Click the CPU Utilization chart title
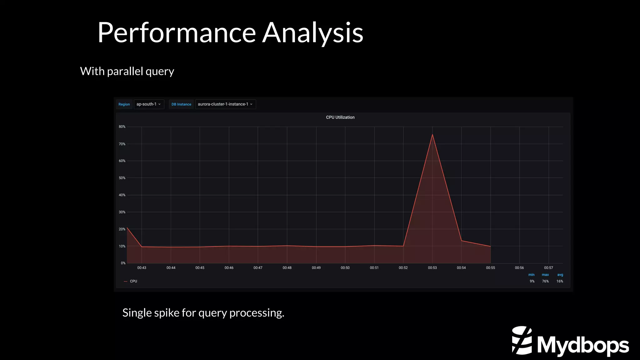340,117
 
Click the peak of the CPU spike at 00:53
432,135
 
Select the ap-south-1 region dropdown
149,104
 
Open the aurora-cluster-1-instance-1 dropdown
225,104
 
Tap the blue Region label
124,104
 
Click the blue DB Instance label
181,104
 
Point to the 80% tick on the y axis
122,127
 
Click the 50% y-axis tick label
122,178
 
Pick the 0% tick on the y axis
123,263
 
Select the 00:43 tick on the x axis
142,268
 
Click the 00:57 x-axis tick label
548,268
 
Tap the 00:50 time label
345,268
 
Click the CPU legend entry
133,281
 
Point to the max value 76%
545,281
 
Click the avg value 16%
560,281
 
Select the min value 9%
532,281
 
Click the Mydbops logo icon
522,340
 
